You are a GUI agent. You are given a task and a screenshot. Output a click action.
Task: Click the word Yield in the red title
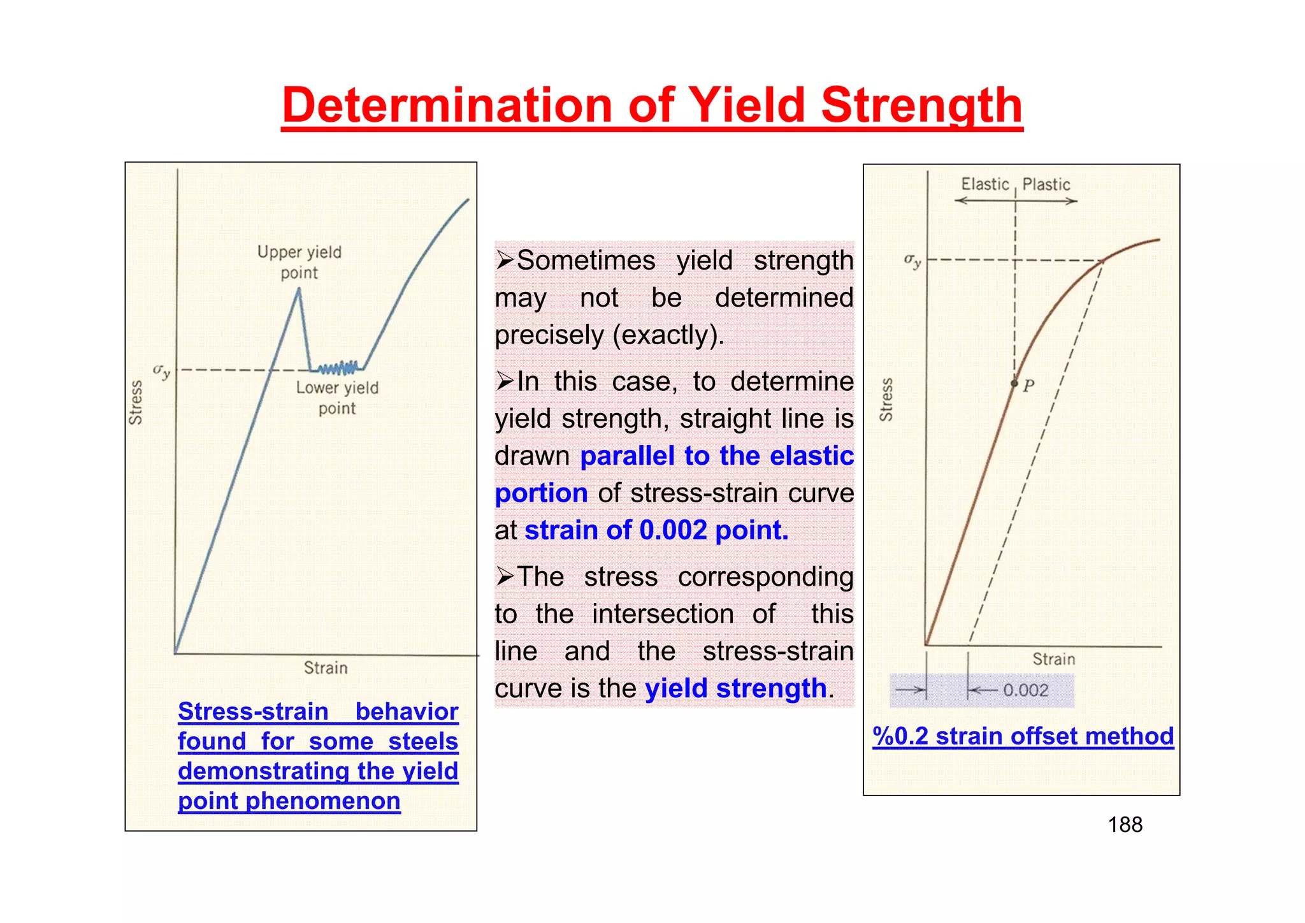(749, 105)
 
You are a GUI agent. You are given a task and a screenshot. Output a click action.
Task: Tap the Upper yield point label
(299, 262)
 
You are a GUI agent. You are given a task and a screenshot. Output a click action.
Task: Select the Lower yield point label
(337, 398)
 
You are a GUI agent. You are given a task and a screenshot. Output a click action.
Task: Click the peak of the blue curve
(299, 289)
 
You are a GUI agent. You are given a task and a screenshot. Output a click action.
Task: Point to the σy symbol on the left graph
(161, 371)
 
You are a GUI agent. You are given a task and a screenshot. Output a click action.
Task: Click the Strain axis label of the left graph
(326, 668)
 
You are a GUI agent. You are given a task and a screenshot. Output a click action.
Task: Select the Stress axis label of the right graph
(886, 400)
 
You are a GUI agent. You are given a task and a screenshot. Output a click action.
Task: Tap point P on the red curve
(1014, 383)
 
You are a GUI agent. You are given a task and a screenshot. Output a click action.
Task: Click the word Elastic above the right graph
(984, 184)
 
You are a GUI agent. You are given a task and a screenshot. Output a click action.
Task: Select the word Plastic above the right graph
(1046, 184)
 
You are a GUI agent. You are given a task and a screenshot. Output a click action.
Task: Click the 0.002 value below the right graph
(1025, 690)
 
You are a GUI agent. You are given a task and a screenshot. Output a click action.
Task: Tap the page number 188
(1125, 825)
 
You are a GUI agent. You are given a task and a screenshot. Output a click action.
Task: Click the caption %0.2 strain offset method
(1023, 736)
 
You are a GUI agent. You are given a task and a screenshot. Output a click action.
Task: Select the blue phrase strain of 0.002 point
(656, 530)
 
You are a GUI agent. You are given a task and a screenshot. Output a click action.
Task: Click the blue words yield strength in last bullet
(735, 688)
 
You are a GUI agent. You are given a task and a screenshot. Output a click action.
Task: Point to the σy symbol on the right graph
(912, 260)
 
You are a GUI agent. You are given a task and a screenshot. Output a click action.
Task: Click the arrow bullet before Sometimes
(505, 260)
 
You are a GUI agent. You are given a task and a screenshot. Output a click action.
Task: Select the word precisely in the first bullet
(550, 335)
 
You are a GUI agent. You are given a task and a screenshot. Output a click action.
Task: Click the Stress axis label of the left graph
(136, 402)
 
